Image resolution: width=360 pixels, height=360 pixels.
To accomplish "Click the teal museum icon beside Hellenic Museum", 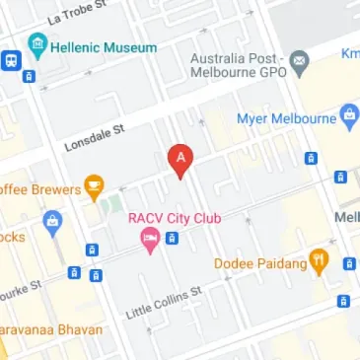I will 37,45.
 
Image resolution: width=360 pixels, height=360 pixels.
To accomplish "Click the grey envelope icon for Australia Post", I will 299,61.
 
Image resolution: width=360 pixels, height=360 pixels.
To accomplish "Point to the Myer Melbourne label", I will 287,119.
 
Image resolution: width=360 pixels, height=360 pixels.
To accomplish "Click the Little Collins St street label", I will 164,302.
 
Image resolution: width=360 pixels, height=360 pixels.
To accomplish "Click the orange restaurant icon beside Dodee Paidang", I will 318,261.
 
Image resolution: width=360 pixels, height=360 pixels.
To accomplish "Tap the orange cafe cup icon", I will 94,183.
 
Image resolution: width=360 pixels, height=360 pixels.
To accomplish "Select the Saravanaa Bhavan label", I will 49,327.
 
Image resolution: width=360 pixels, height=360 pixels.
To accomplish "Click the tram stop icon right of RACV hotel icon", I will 172,238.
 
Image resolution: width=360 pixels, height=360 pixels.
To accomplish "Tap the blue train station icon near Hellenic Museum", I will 9,59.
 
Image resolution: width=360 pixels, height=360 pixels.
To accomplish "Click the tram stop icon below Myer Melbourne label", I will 311,158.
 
